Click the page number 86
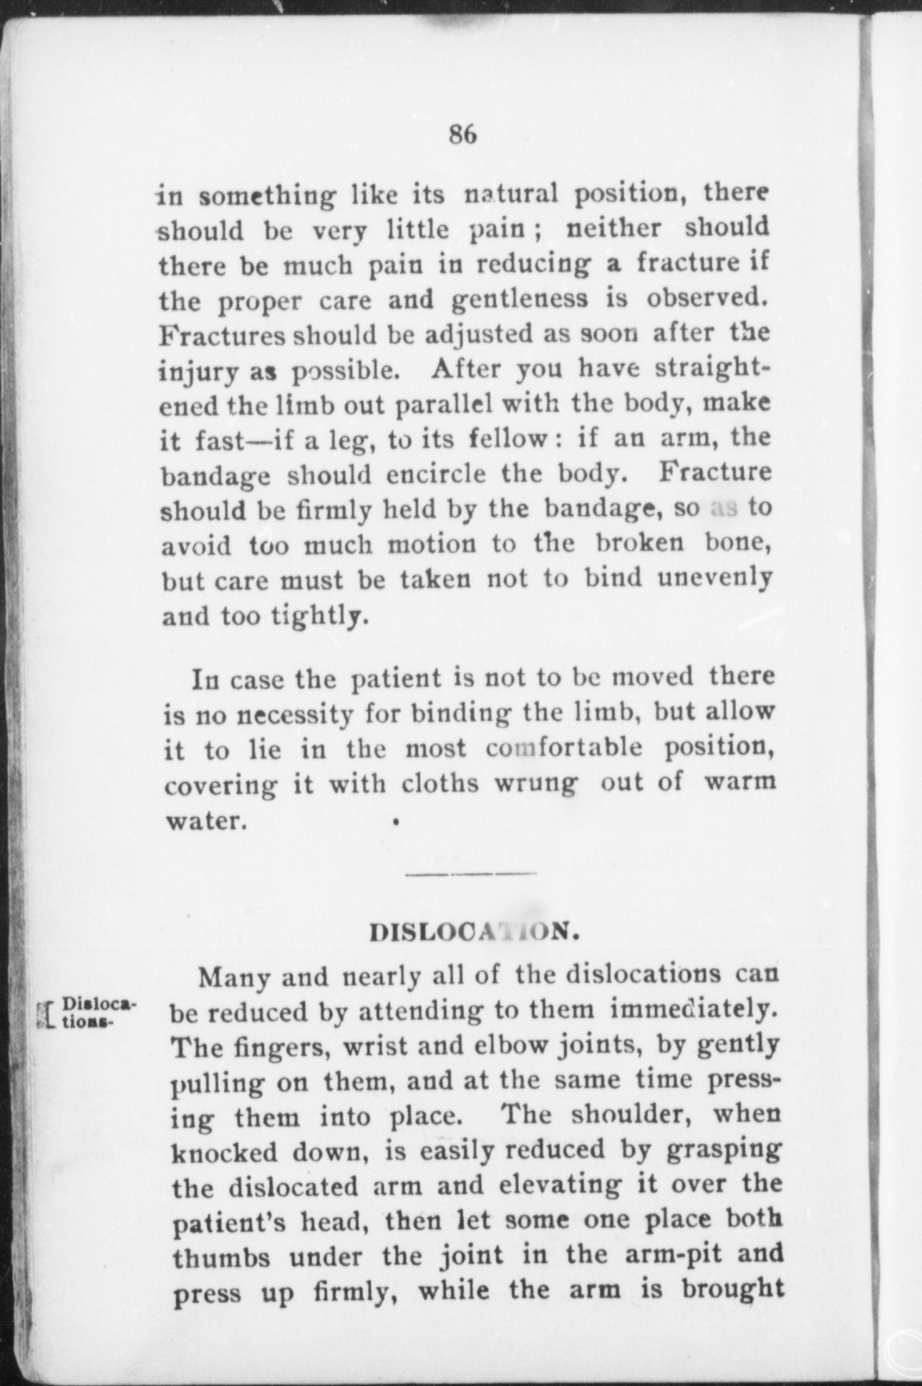click(463, 134)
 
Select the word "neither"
click(613, 228)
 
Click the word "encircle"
click(436, 475)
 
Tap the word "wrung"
click(535, 784)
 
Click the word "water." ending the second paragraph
click(206, 820)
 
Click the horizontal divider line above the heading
click(470, 873)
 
